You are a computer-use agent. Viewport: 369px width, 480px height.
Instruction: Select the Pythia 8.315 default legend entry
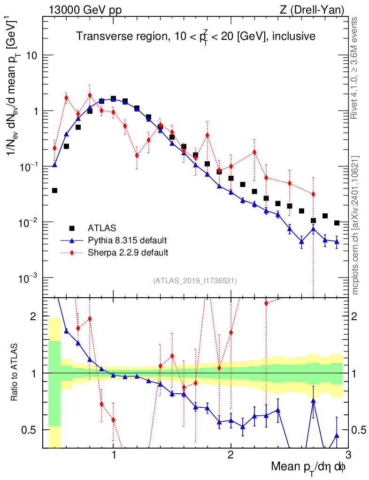[x=127, y=240]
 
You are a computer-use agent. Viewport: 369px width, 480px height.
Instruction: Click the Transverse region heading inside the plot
[x=196, y=36]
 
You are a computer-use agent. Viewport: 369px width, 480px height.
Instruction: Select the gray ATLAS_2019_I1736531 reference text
[x=195, y=281]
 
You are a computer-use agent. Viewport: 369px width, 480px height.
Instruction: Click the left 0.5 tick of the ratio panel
[x=31, y=429]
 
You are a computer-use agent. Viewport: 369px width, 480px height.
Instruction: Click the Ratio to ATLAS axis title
[x=14, y=373]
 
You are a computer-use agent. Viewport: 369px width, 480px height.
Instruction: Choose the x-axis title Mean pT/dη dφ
[x=309, y=467]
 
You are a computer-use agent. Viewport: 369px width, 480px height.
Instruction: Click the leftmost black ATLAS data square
[x=54, y=190]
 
